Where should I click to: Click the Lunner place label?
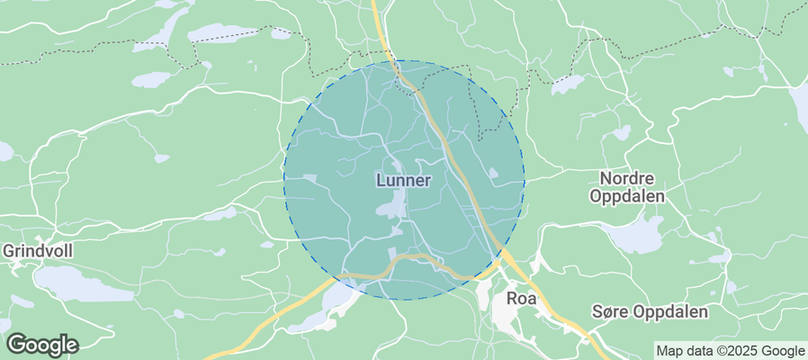[402, 180]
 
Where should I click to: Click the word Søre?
[611, 312]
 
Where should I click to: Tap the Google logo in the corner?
[42, 344]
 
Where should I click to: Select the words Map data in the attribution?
[682, 351]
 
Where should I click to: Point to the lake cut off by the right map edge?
[800, 103]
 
